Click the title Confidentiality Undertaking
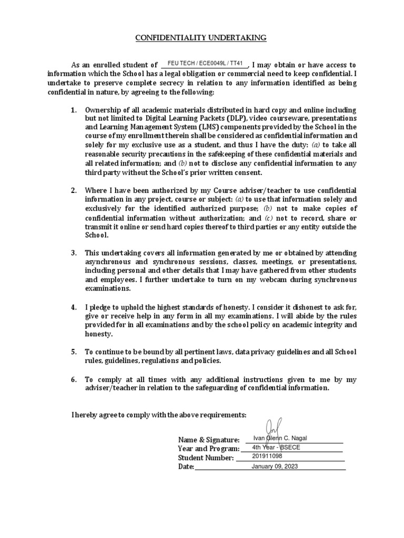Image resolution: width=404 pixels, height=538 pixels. coord(201,38)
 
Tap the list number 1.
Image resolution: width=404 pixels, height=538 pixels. coord(74,110)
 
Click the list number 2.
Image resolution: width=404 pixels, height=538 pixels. coord(74,190)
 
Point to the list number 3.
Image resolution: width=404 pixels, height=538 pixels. coord(74,253)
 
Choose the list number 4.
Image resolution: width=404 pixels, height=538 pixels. coord(74,307)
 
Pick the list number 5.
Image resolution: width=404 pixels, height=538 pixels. coord(74,351)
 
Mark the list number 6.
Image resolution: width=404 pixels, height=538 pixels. coord(74,379)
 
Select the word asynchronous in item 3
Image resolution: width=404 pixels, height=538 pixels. coord(110,262)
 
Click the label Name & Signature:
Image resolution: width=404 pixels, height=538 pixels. coord(209,440)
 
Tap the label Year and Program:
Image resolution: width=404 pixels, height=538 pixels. coord(209,449)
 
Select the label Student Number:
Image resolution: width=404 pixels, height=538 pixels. coord(206,458)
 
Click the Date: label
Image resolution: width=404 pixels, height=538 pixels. coord(186,467)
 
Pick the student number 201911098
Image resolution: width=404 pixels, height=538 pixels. coord(267,457)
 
